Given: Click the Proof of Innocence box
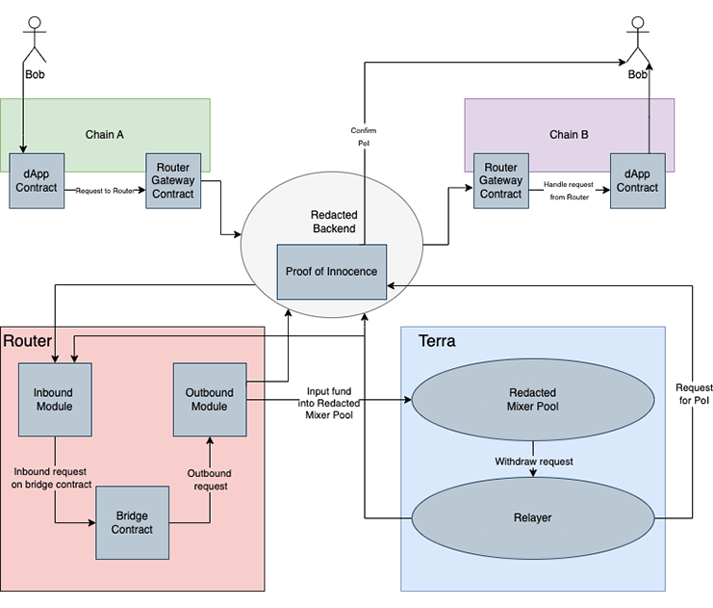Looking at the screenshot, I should [x=332, y=272].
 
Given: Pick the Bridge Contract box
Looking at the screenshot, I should [x=132, y=523].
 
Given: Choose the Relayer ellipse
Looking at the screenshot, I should [x=532, y=517].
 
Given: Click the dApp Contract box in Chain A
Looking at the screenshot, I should [x=36, y=180].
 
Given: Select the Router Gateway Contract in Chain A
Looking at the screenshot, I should [x=173, y=180].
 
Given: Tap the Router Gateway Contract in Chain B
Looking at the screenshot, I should [x=500, y=180].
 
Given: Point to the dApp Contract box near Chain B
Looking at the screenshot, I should [x=637, y=180].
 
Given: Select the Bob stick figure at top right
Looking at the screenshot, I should [x=638, y=42].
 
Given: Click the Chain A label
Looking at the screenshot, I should [x=106, y=134].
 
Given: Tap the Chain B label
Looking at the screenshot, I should [x=569, y=134].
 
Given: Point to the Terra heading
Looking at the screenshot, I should [x=437, y=342].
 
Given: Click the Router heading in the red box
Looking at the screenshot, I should [x=27, y=341].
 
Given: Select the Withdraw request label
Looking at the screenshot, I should [x=534, y=462].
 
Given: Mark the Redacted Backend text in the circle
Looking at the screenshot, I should [x=334, y=221].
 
